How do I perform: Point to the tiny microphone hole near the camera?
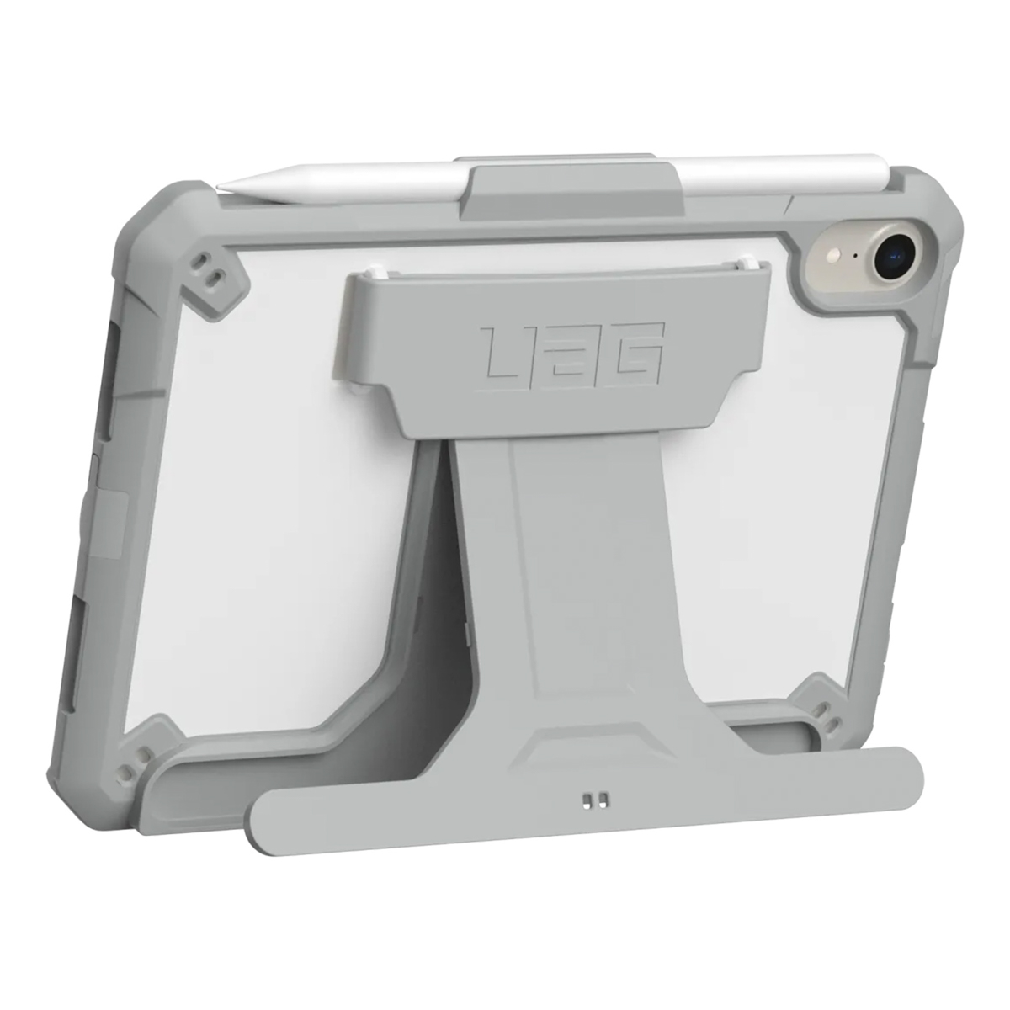coord(857,255)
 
